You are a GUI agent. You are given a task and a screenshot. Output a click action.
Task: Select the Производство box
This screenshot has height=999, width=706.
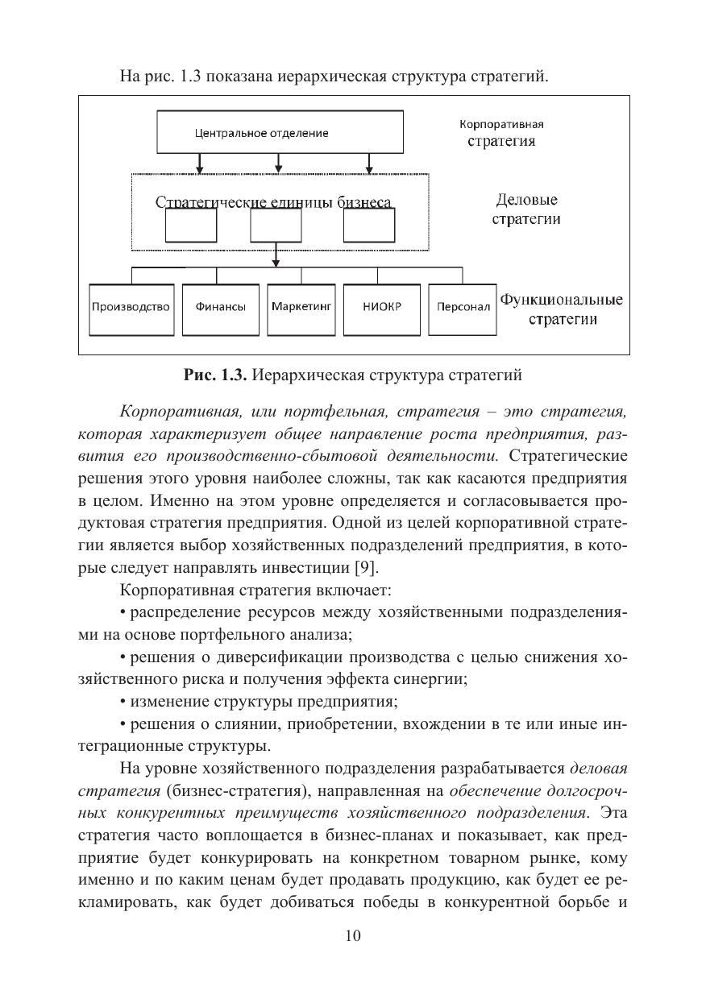point(131,308)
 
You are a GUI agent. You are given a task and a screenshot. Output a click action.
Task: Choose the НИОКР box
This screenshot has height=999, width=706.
point(382,308)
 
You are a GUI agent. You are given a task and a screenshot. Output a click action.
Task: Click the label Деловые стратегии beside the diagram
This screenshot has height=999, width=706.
point(526,209)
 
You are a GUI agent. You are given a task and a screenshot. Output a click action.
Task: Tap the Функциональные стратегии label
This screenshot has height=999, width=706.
point(562,309)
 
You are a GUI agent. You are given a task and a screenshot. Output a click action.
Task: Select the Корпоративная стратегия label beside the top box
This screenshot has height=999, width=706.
point(501,133)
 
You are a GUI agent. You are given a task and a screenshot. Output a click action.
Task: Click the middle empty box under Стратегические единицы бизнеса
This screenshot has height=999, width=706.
point(276,225)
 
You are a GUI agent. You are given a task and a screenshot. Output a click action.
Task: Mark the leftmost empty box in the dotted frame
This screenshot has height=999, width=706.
point(191,225)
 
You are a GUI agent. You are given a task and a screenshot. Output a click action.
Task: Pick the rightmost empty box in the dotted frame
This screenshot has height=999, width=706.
point(370,225)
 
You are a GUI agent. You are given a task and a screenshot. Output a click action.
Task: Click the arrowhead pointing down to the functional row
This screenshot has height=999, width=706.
point(276,261)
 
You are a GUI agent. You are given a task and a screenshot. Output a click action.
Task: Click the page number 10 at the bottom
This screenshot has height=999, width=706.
point(353,935)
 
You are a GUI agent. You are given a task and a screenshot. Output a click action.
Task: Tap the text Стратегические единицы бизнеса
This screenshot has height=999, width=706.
point(274,202)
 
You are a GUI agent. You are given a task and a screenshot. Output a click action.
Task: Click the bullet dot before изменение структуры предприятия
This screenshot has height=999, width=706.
point(122,700)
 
